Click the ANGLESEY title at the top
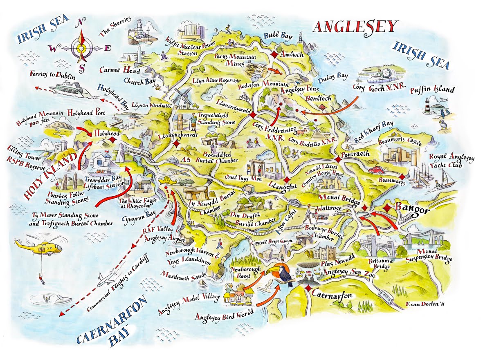tap(355, 27)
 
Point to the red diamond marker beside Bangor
tap(386, 208)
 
